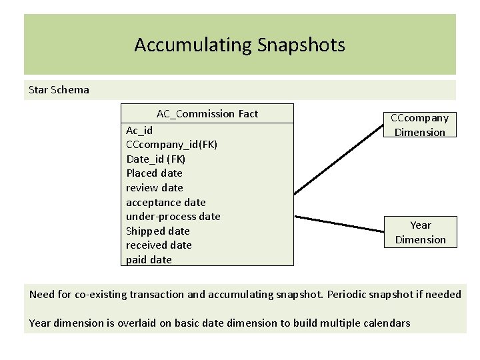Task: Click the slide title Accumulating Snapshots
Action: click(x=239, y=45)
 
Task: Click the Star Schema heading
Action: click(x=59, y=89)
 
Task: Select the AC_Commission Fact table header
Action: click(x=207, y=114)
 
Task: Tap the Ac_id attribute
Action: click(x=139, y=130)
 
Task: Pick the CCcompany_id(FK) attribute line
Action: click(x=171, y=144)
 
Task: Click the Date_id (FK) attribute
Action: click(x=155, y=159)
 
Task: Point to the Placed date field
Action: click(x=154, y=173)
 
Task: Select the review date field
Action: click(x=154, y=187)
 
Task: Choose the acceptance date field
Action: click(x=165, y=202)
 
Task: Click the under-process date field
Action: click(x=173, y=216)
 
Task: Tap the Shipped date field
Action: click(x=157, y=231)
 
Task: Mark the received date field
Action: click(x=159, y=245)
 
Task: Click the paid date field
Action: click(x=149, y=259)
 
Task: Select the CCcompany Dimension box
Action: click(x=419, y=125)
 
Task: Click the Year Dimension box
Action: click(x=420, y=232)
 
